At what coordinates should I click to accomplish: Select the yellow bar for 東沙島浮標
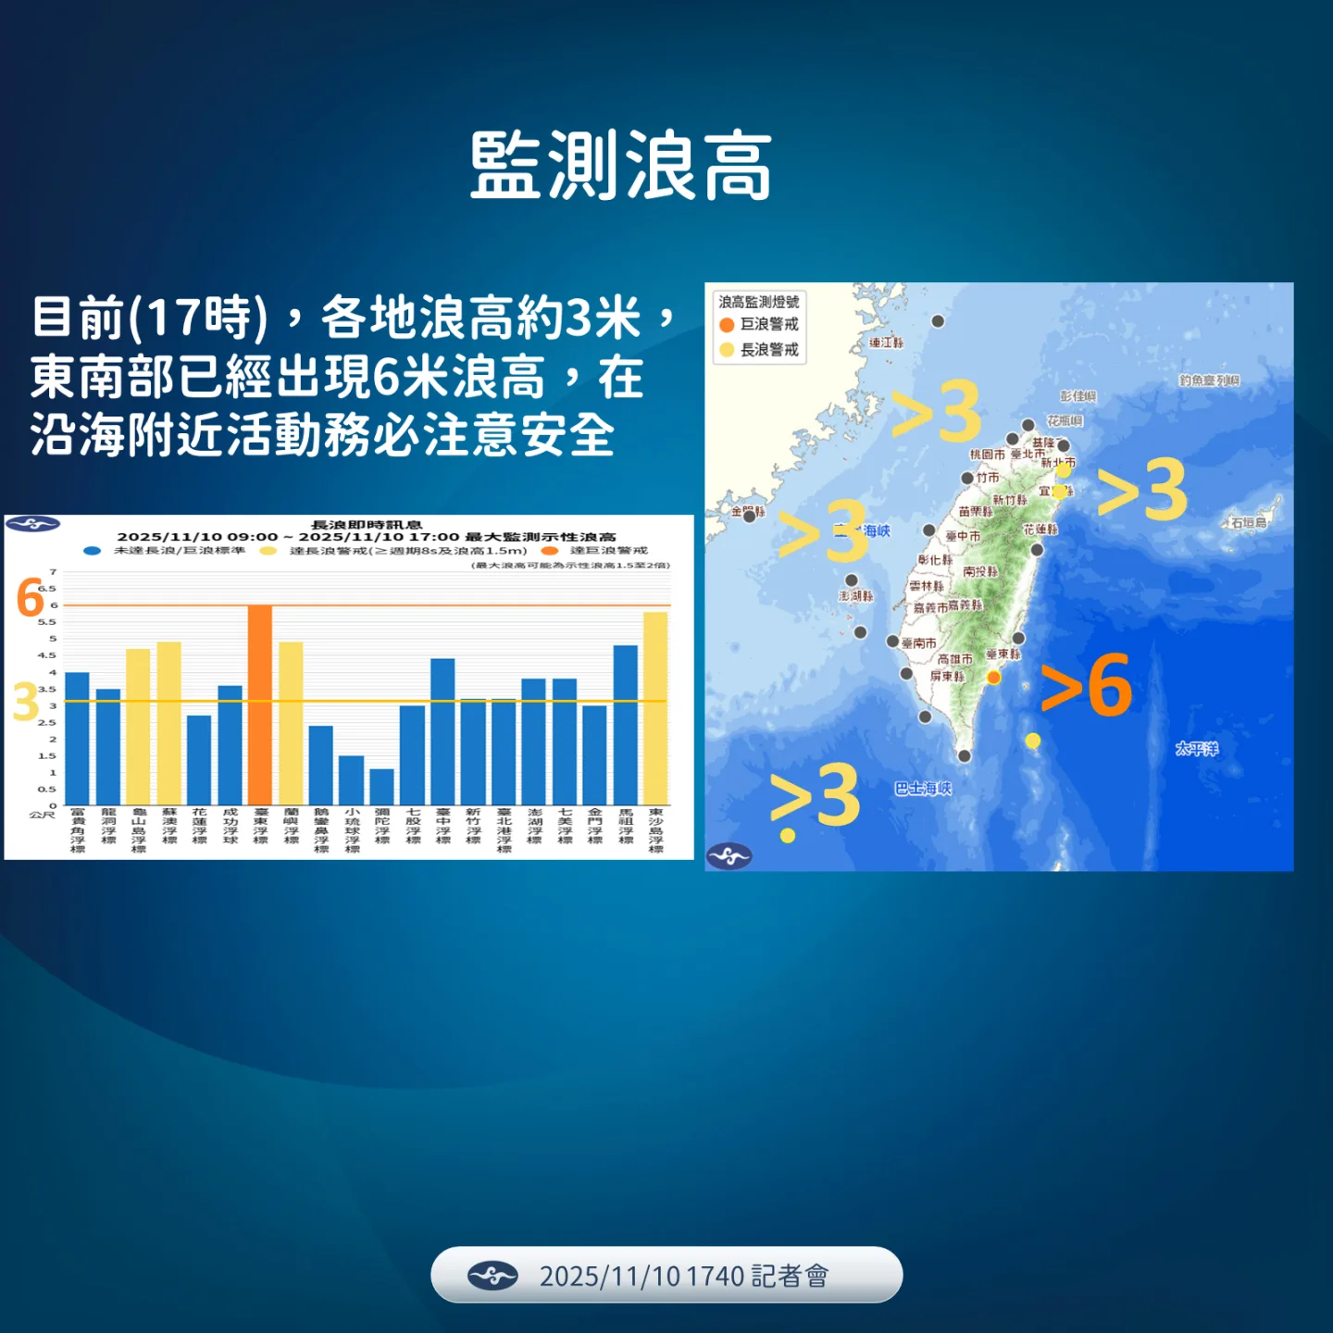pyautogui.click(x=655, y=708)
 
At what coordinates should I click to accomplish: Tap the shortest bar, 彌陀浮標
pyautogui.click(x=382, y=787)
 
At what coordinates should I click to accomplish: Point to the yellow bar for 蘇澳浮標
pyautogui.click(x=169, y=723)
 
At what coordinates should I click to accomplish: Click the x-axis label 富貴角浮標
pyautogui.click(x=78, y=829)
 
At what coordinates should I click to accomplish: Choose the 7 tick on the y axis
pyautogui.click(x=54, y=571)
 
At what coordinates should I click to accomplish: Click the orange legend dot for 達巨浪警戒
pyautogui.click(x=550, y=551)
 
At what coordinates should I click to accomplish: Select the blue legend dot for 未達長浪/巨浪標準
pyautogui.click(x=92, y=551)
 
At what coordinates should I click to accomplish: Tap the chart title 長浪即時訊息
pyautogui.click(x=367, y=525)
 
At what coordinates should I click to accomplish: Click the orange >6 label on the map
pyautogui.click(x=1087, y=687)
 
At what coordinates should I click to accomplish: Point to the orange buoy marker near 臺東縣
pyautogui.click(x=993, y=678)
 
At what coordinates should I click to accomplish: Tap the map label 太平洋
pyautogui.click(x=1197, y=748)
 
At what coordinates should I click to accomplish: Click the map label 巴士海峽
pyautogui.click(x=923, y=789)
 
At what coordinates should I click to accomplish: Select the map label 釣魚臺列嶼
pyautogui.click(x=1209, y=380)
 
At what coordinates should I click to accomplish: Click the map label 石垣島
pyautogui.click(x=1248, y=523)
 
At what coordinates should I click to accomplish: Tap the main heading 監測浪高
pyautogui.click(x=621, y=167)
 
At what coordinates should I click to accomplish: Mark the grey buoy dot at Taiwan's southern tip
pyautogui.click(x=965, y=756)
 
